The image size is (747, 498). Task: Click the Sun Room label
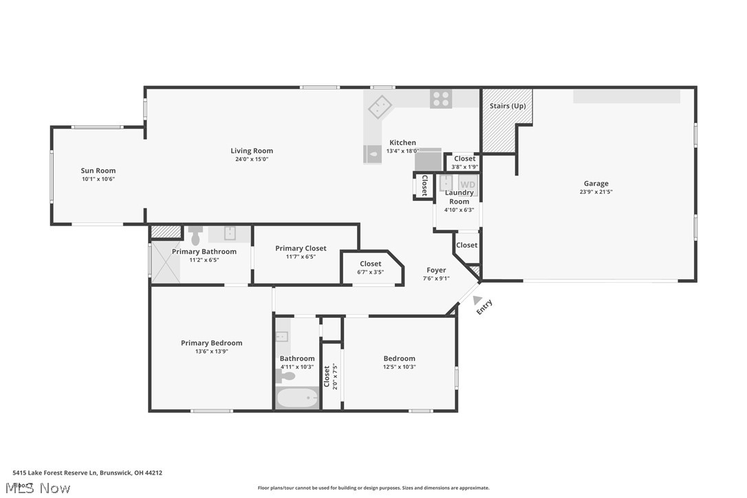[x=98, y=171]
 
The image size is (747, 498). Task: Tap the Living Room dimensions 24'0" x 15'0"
[x=252, y=160]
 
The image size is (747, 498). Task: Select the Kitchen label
[x=402, y=142]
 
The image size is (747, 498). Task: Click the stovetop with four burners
[x=441, y=99]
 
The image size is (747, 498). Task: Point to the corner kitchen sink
[x=379, y=107]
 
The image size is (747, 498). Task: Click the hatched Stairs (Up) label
[x=508, y=106]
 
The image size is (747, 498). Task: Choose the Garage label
[x=596, y=184]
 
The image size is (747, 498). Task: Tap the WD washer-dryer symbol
[x=468, y=184]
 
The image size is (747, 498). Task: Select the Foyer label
[x=436, y=270]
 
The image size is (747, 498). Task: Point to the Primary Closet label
[x=301, y=248]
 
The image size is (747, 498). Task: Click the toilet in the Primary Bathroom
[x=195, y=235]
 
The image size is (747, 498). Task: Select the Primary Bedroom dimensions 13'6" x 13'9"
[x=211, y=351]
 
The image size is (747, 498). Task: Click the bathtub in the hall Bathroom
[x=297, y=398]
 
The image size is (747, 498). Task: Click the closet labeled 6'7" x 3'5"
[x=370, y=268]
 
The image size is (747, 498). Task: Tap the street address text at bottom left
[x=87, y=473]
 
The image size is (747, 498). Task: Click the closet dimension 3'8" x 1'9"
[x=464, y=166]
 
